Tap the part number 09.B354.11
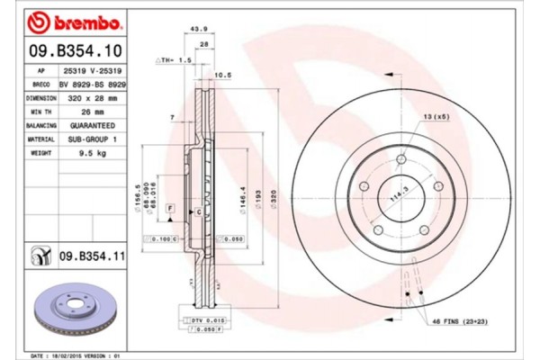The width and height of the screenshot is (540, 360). pyautogui.click(x=90, y=256)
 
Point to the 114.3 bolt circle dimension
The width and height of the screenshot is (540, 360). pyautogui.click(x=393, y=192)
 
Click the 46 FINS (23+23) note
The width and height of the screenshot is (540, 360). pyautogui.click(x=458, y=320)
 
